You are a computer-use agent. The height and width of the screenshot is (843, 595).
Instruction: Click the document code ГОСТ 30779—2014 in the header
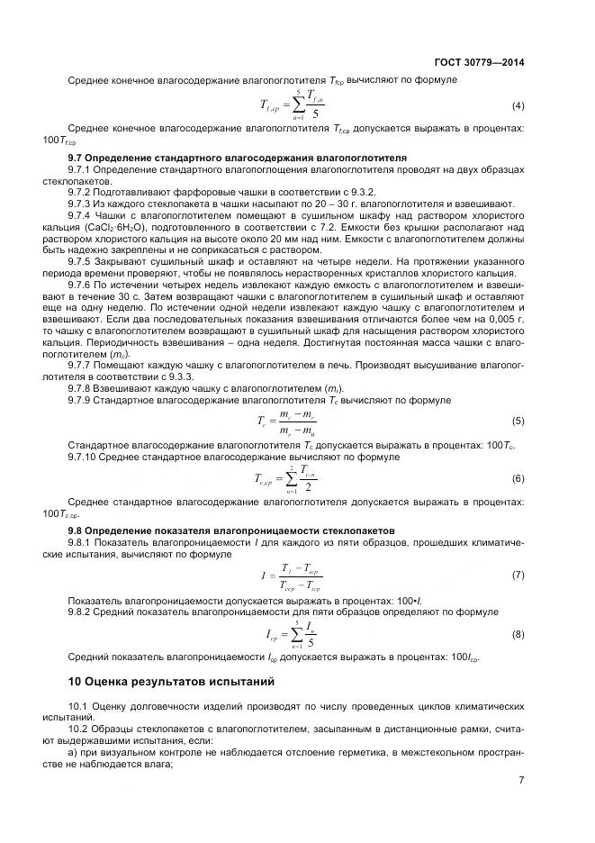(x=481, y=63)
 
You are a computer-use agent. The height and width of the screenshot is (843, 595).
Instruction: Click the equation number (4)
(x=518, y=106)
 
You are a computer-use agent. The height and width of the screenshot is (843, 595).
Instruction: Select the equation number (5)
(x=518, y=421)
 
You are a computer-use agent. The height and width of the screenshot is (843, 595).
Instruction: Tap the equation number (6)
(x=518, y=478)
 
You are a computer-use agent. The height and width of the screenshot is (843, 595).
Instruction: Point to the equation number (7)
(x=518, y=574)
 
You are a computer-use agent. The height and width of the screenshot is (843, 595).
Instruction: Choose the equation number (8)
(x=518, y=634)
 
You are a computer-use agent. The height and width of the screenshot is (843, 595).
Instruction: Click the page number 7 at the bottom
(x=521, y=780)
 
